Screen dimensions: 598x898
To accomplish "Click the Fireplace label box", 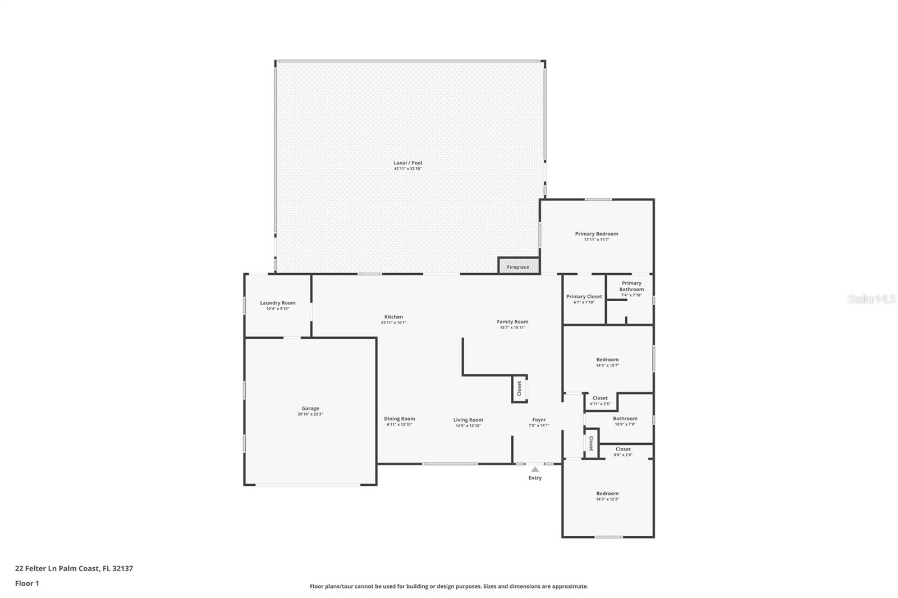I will click(x=518, y=266).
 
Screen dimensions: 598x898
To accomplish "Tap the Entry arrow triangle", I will click(x=535, y=470).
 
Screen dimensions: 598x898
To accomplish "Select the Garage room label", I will click(x=310, y=409).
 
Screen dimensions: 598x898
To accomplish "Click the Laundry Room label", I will click(x=278, y=303).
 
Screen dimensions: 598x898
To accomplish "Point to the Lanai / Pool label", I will click(x=408, y=163).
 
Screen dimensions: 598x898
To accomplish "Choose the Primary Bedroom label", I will click(x=597, y=234).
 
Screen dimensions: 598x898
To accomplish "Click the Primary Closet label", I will click(x=584, y=297).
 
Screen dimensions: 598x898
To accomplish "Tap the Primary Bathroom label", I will click(x=631, y=287).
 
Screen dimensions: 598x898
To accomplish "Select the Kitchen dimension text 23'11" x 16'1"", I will click(x=393, y=323).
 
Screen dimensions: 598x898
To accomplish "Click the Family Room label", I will click(x=512, y=322).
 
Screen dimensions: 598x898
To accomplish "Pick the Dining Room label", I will click(x=400, y=419).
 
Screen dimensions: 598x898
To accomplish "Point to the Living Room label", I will click(x=468, y=420).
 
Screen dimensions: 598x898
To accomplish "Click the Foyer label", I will click(x=539, y=420).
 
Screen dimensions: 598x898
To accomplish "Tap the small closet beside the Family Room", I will click(x=519, y=388).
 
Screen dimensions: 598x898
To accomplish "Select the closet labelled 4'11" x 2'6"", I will click(x=600, y=401).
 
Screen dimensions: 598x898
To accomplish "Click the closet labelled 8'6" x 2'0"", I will click(x=623, y=452).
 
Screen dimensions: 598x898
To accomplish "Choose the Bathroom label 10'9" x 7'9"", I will click(x=625, y=418).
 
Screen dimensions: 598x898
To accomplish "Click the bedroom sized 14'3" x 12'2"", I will click(x=607, y=496).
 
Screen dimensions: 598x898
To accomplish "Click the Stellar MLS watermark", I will click(x=871, y=299).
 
